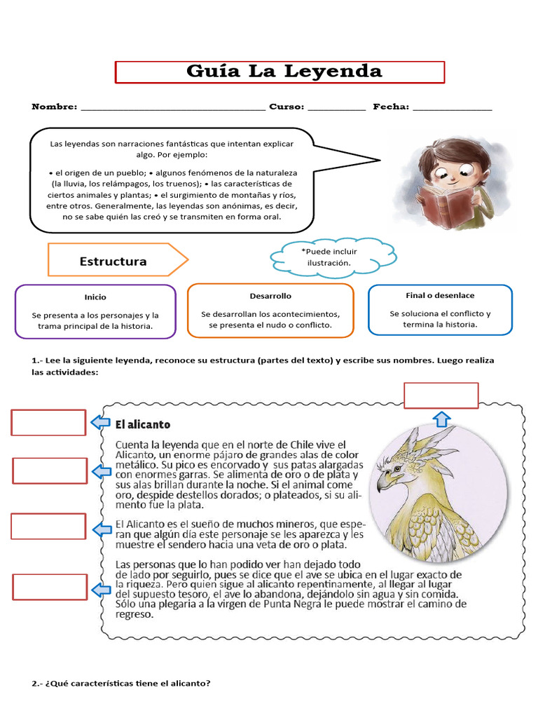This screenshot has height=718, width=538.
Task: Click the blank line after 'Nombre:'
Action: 173,108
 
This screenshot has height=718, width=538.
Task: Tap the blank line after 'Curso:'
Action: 336,108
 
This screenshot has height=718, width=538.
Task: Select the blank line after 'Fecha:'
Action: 453,108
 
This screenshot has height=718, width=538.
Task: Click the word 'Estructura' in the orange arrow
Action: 113,262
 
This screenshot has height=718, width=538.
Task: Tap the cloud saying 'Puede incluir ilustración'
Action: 332,257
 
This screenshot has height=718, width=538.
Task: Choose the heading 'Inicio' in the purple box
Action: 95,297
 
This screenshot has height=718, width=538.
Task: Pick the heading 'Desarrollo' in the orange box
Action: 270,296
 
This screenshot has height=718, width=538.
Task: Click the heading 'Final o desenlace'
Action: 440,295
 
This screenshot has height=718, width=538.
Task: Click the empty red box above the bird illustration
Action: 441,395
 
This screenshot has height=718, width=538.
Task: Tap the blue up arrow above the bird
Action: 441,419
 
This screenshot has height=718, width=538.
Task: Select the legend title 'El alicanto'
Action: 143,424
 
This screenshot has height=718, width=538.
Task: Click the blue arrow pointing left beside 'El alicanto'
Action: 100,422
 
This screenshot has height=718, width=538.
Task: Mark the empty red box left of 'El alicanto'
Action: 48,422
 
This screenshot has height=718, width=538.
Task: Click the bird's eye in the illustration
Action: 397,468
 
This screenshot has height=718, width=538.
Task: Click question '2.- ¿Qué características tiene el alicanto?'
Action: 121,684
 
